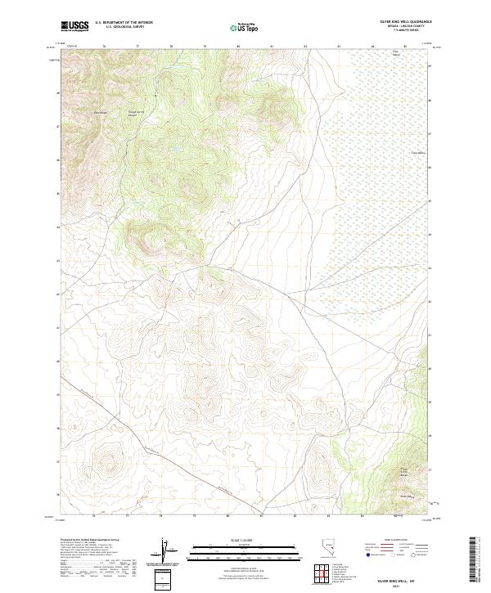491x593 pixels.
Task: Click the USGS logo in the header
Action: (74, 26)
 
